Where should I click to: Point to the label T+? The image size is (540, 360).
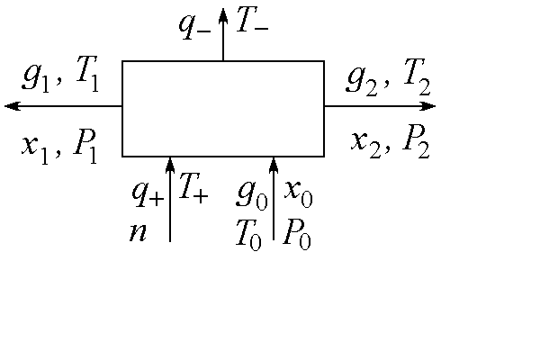pyautogui.click(x=193, y=189)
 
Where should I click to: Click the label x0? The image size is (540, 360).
pyautogui.click(x=299, y=191)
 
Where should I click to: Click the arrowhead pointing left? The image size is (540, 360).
pyautogui.click(x=11, y=106)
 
